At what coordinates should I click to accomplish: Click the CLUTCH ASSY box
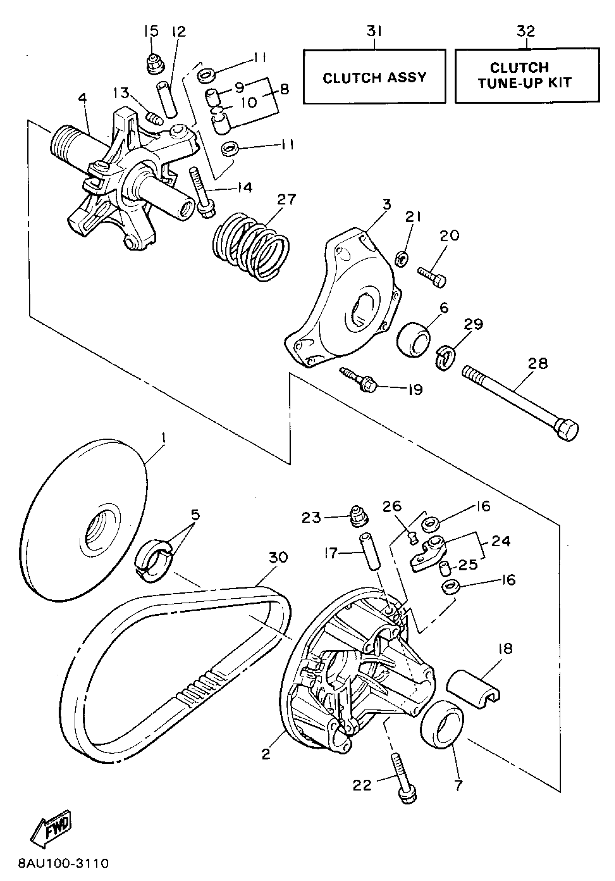tap(374, 77)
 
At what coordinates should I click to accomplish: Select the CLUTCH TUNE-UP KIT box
tap(527, 76)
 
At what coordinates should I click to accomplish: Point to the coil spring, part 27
tap(251, 247)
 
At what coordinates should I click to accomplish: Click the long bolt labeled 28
tap(520, 402)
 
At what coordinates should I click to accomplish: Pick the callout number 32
tap(526, 31)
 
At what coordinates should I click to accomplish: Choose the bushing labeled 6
tap(413, 339)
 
